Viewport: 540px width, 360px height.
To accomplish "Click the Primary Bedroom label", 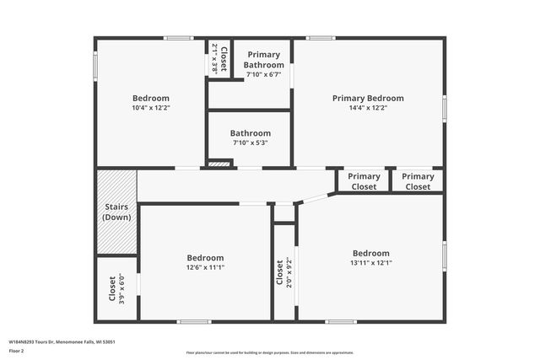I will [x=368, y=99].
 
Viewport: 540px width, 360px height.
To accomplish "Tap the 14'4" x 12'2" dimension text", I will [x=368, y=108].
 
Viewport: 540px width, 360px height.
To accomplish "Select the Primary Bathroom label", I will [x=262, y=60].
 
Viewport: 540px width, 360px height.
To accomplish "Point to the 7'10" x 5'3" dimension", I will [x=251, y=142].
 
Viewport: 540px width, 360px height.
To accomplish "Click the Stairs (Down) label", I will [x=116, y=212].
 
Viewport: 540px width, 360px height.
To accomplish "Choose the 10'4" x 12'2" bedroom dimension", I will [x=151, y=108].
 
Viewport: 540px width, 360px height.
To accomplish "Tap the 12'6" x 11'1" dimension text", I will [x=206, y=267].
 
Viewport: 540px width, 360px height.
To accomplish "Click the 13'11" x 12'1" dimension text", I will [x=371, y=262].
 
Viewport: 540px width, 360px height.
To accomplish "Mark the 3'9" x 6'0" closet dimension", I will [x=121, y=288].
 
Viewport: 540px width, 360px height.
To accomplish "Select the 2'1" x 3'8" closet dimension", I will [x=215, y=60].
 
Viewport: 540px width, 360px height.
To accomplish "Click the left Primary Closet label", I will [x=364, y=181].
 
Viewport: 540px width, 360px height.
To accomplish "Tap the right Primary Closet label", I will [x=418, y=181].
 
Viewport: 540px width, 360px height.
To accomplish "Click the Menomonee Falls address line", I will [x=62, y=341].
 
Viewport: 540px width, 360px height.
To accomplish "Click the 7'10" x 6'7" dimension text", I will [x=262, y=74].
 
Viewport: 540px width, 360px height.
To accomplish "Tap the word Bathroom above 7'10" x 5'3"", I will [x=251, y=133].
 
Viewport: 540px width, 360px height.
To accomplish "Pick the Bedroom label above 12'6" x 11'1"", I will [x=206, y=258].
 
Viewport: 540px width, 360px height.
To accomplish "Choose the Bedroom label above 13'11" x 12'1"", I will [x=371, y=253].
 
